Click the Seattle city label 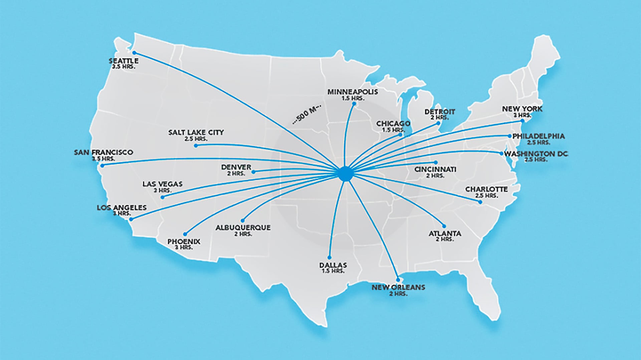coord(124,61)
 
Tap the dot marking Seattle coord(134,53)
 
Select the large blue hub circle coord(345,174)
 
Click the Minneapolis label coord(353,92)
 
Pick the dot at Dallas coord(329,258)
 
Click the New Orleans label coord(398,287)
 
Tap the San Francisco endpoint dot coord(102,165)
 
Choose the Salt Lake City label coord(196,132)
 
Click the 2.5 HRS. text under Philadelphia coord(538,142)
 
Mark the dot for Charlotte coord(480,202)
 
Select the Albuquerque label coord(243,228)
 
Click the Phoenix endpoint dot coord(185,234)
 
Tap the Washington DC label coord(536,154)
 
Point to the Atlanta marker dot coord(444,226)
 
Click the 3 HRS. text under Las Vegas coord(162,191)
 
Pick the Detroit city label coord(440,112)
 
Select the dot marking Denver coord(253,172)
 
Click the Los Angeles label coord(122,208)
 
